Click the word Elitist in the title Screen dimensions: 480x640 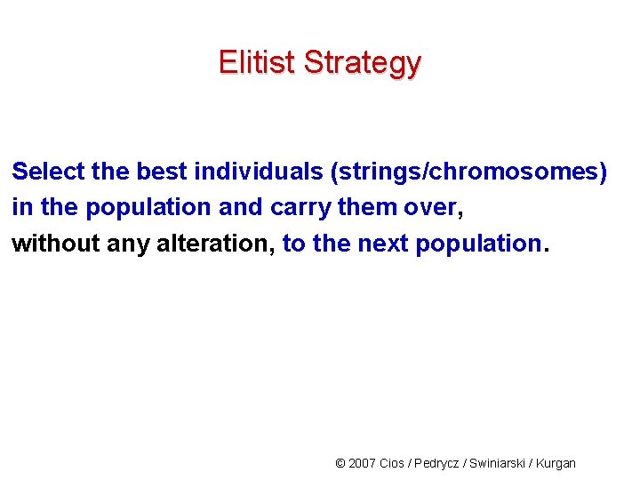click(x=257, y=63)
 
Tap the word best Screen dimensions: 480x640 click(x=163, y=171)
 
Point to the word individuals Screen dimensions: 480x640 click(x=258, y=171)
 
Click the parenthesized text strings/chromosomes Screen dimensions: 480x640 click(x=468, y=172)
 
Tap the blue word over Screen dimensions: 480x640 click(x=430, y=207)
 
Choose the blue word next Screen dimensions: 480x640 click(x=383, y=243)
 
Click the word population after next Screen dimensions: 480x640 click(x=478, y=244)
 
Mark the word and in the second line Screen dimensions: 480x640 click(x=237, y=207)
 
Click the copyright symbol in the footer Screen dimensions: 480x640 click(x=340, y=463)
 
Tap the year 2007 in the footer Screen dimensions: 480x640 click(x=362, y=463)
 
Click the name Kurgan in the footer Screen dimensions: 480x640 click(x=557, y=463)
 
